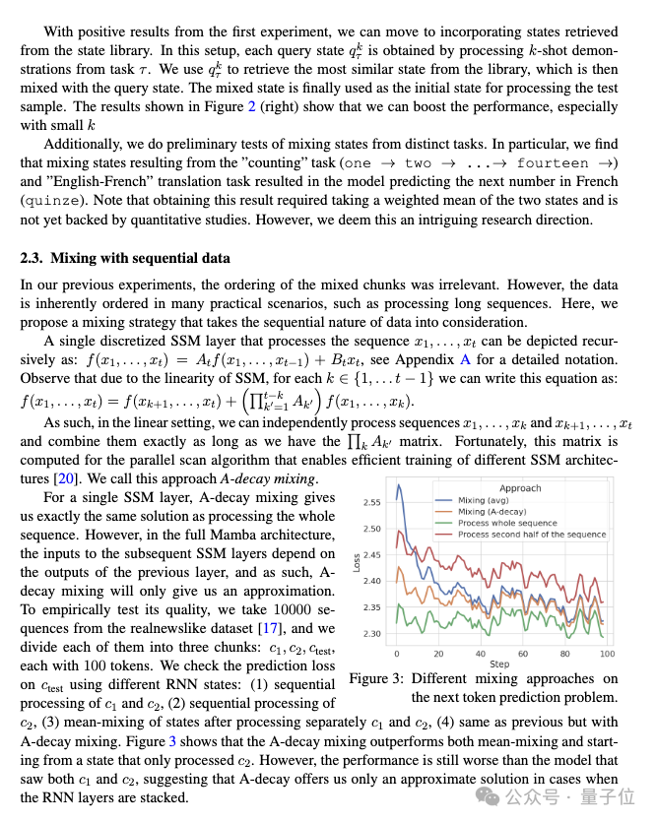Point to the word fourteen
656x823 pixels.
tap(553, 163)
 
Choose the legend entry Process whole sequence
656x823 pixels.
tap(507, 523)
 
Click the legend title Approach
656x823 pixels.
tap(519, 487)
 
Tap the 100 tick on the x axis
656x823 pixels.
tap(608, 654)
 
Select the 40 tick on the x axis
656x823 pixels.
tap(479, 654)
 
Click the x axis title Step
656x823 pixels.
tap(499, 665)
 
